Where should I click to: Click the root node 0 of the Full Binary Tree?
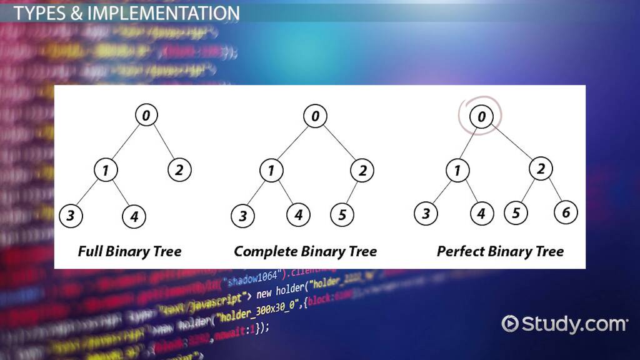pyautogui.click(x=146, y=116)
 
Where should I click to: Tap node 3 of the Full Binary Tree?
pyautogui.click(x=71, y=217)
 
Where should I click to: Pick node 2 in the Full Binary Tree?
pyautogui.click(x=179, y=169)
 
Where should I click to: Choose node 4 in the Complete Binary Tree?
pyautogui.click(x=298, y=216)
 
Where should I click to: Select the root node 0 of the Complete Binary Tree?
pyautogui.click(x=316, y=116)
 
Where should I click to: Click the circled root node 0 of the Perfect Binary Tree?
pyautogui.click(x=480, y=116)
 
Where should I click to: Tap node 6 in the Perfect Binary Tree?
pyautogui.click(x=566, y=212)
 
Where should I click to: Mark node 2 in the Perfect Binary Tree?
pyautogui.click(x=541, y=168)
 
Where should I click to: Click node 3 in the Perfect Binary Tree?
pyautogui.click(x=426, y=214)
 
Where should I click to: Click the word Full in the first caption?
pyautogui.click(x=90, y=251)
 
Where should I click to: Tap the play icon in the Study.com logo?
pyautogui.click(x=511, y=324)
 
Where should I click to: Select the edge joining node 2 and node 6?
pyautogui.click(x=554, y=190)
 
